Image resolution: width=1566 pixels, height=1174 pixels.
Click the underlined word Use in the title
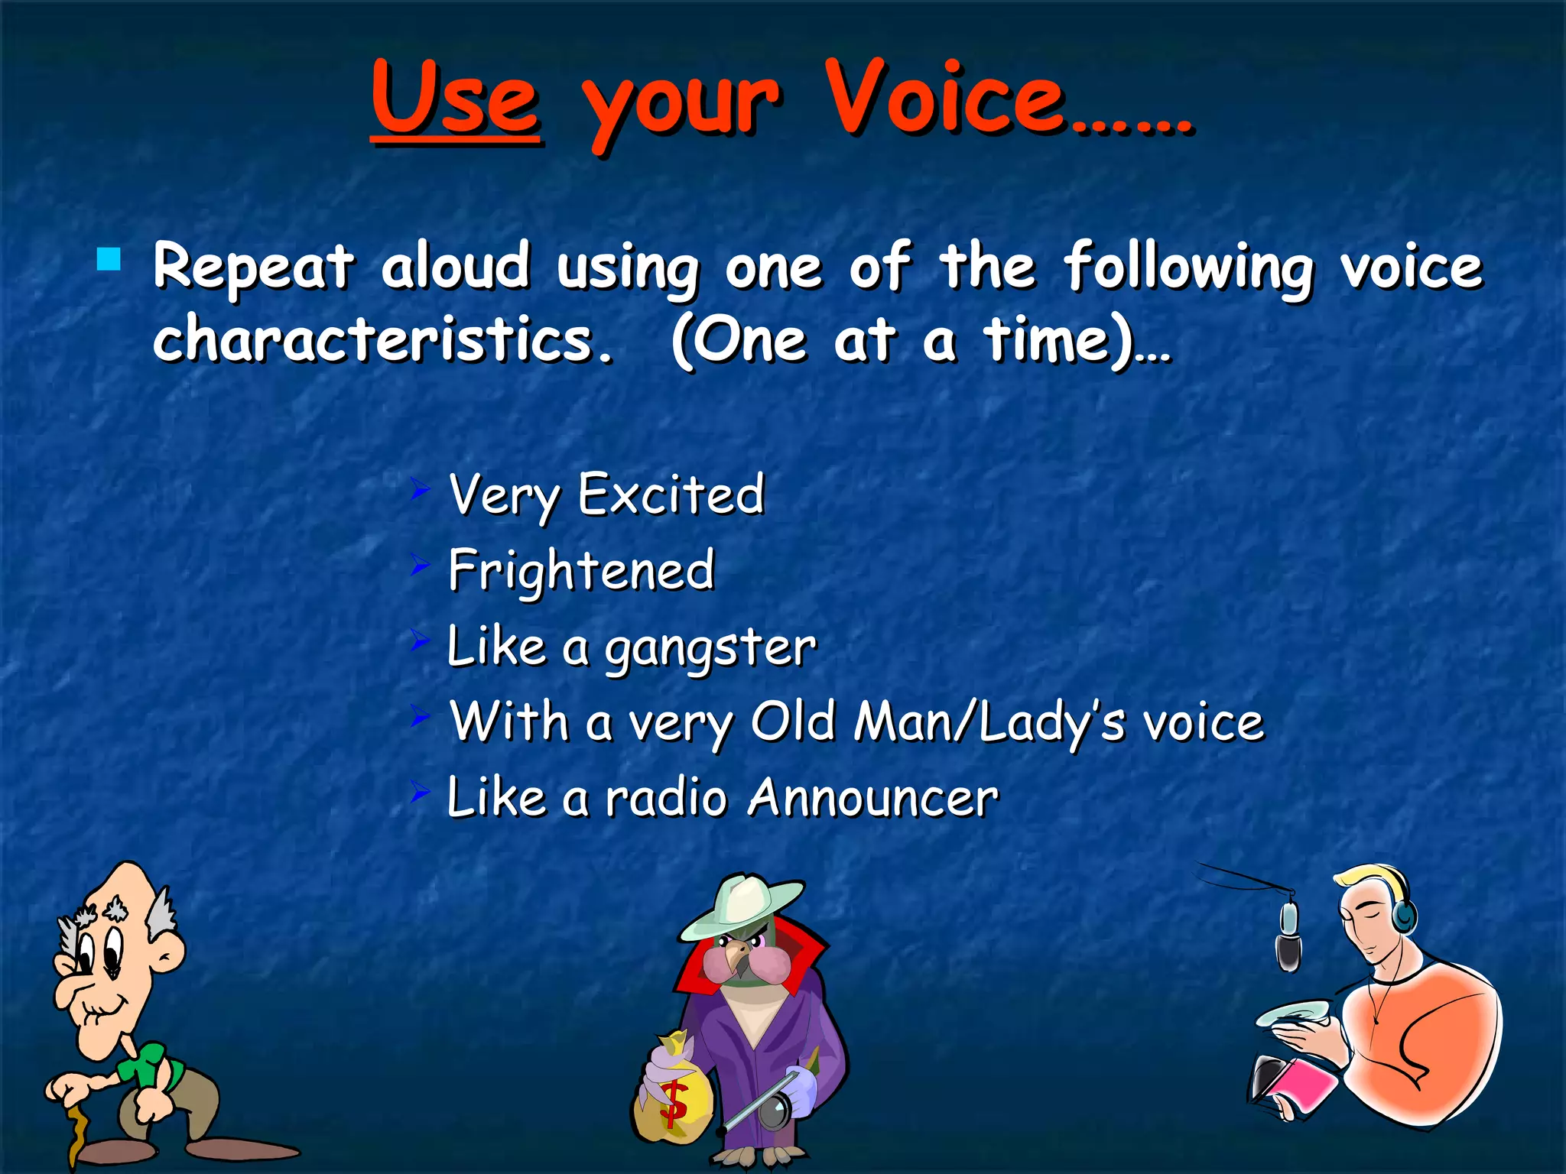(x=456, y=99)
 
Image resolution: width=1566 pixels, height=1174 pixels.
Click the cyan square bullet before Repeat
(x=109, y=260)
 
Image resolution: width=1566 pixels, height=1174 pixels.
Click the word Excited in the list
(x=671, y=495)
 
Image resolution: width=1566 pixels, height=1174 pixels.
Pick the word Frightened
(x=581, y=571)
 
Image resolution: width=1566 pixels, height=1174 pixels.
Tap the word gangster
(x=710, y=649)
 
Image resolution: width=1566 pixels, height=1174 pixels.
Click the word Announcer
(x=872, y=798)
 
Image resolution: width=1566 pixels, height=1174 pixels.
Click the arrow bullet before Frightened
(x=420, y=566)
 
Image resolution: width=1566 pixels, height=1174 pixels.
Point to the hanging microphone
(x=1288, y=936)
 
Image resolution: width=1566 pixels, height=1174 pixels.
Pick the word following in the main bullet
(x=1189, y=268)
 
